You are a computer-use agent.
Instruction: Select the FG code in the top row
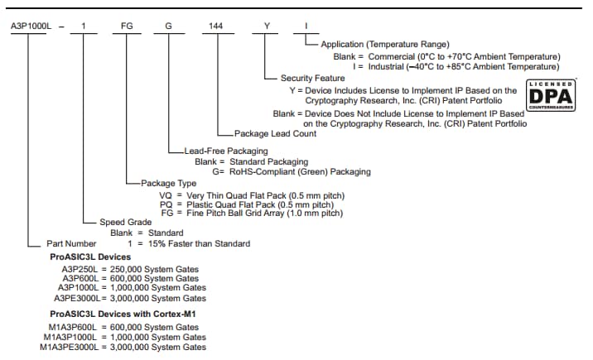coord(127,26)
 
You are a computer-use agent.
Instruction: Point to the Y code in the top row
coord(267,26)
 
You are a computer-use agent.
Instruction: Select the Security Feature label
coord(314,77)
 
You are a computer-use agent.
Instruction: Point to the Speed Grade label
coord(124,222)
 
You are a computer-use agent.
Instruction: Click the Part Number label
coord(69,243)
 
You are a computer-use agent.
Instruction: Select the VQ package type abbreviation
coord(166,194)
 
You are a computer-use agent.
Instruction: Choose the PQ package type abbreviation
coord(166,204)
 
